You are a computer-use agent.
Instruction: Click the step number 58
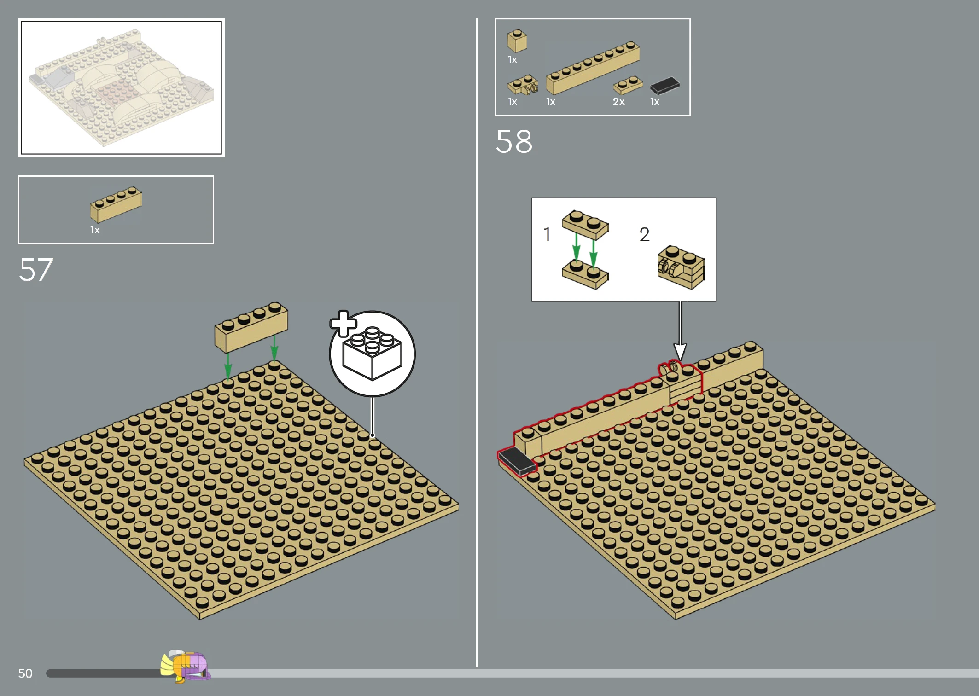point(514,141)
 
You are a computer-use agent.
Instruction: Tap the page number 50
point(25,673)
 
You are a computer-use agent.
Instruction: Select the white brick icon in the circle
point(373,354)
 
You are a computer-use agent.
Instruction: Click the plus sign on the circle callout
point(343,324)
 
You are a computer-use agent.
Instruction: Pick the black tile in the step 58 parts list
point(665,86)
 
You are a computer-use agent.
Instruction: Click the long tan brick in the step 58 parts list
point(593,68)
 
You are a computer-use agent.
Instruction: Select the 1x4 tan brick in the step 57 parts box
point(116,204)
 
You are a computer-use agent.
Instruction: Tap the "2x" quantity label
point(618,102)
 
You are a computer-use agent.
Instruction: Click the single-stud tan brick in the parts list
point(517,41)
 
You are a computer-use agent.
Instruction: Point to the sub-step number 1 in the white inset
point(547,234)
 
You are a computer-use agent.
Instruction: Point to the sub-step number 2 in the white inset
point(644,234)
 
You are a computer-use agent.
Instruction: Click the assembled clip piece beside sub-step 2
point(681,267)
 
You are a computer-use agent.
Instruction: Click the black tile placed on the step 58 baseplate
point(517,460)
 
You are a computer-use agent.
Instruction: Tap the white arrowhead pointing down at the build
point(680,352)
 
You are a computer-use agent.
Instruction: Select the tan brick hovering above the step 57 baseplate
point(251,327)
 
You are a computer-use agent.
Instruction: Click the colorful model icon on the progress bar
point(186,666)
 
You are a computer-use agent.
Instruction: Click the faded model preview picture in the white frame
point(121,87)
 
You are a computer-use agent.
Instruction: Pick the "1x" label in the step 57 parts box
point(95,230)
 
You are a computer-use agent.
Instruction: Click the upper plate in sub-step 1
point(585,225)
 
